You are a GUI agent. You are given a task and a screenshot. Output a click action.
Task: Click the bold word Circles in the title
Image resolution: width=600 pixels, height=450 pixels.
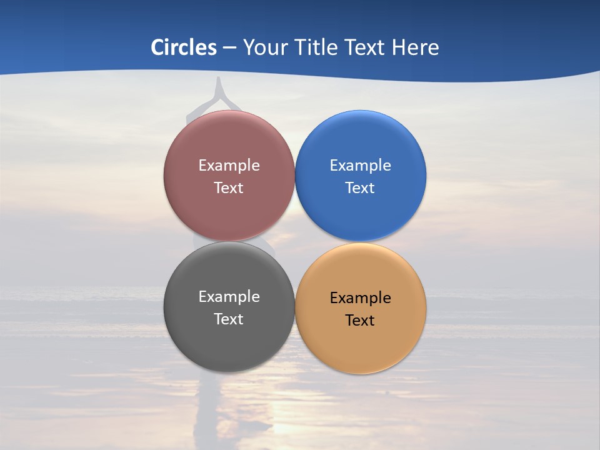(184, 47)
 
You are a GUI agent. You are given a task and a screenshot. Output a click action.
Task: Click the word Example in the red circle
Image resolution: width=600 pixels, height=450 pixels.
(229, 165)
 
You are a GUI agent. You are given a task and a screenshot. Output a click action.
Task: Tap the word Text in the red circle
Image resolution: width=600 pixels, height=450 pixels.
(229, 187)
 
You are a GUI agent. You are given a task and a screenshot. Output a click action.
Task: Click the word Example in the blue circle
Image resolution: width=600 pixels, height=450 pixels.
(361, 165)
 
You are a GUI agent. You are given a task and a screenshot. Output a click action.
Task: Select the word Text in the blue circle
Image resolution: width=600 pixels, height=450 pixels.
(361, 187)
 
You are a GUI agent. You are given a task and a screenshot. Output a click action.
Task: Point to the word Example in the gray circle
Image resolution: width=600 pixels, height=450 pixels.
(229, 296)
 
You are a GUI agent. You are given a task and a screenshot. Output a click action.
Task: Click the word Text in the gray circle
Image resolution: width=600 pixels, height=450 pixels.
(229, 319)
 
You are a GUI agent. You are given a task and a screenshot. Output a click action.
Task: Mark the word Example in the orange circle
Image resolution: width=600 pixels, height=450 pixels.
(361, 297)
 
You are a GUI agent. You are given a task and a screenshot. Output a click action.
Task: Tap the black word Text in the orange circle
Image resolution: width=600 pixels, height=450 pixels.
(361, 320)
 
